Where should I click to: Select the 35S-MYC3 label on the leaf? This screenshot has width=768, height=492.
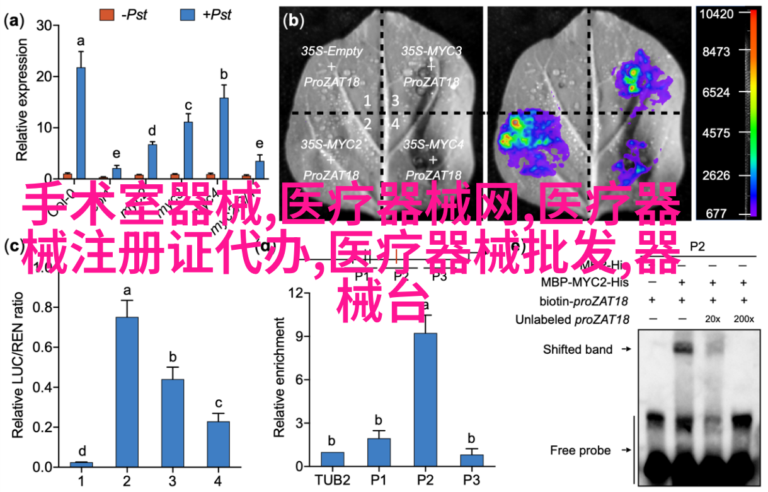point(431,51)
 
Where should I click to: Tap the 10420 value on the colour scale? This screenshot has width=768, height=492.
point(717,13)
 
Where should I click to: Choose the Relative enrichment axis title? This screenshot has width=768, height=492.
point(280,378)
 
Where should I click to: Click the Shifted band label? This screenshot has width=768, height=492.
point(578,349)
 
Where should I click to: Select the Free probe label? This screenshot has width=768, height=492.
point(580,450)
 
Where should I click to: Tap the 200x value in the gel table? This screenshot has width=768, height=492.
point(743,320)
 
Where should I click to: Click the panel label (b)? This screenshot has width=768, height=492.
point(294,21)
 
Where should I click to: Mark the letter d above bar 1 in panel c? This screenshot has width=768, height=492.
point(81,451)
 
